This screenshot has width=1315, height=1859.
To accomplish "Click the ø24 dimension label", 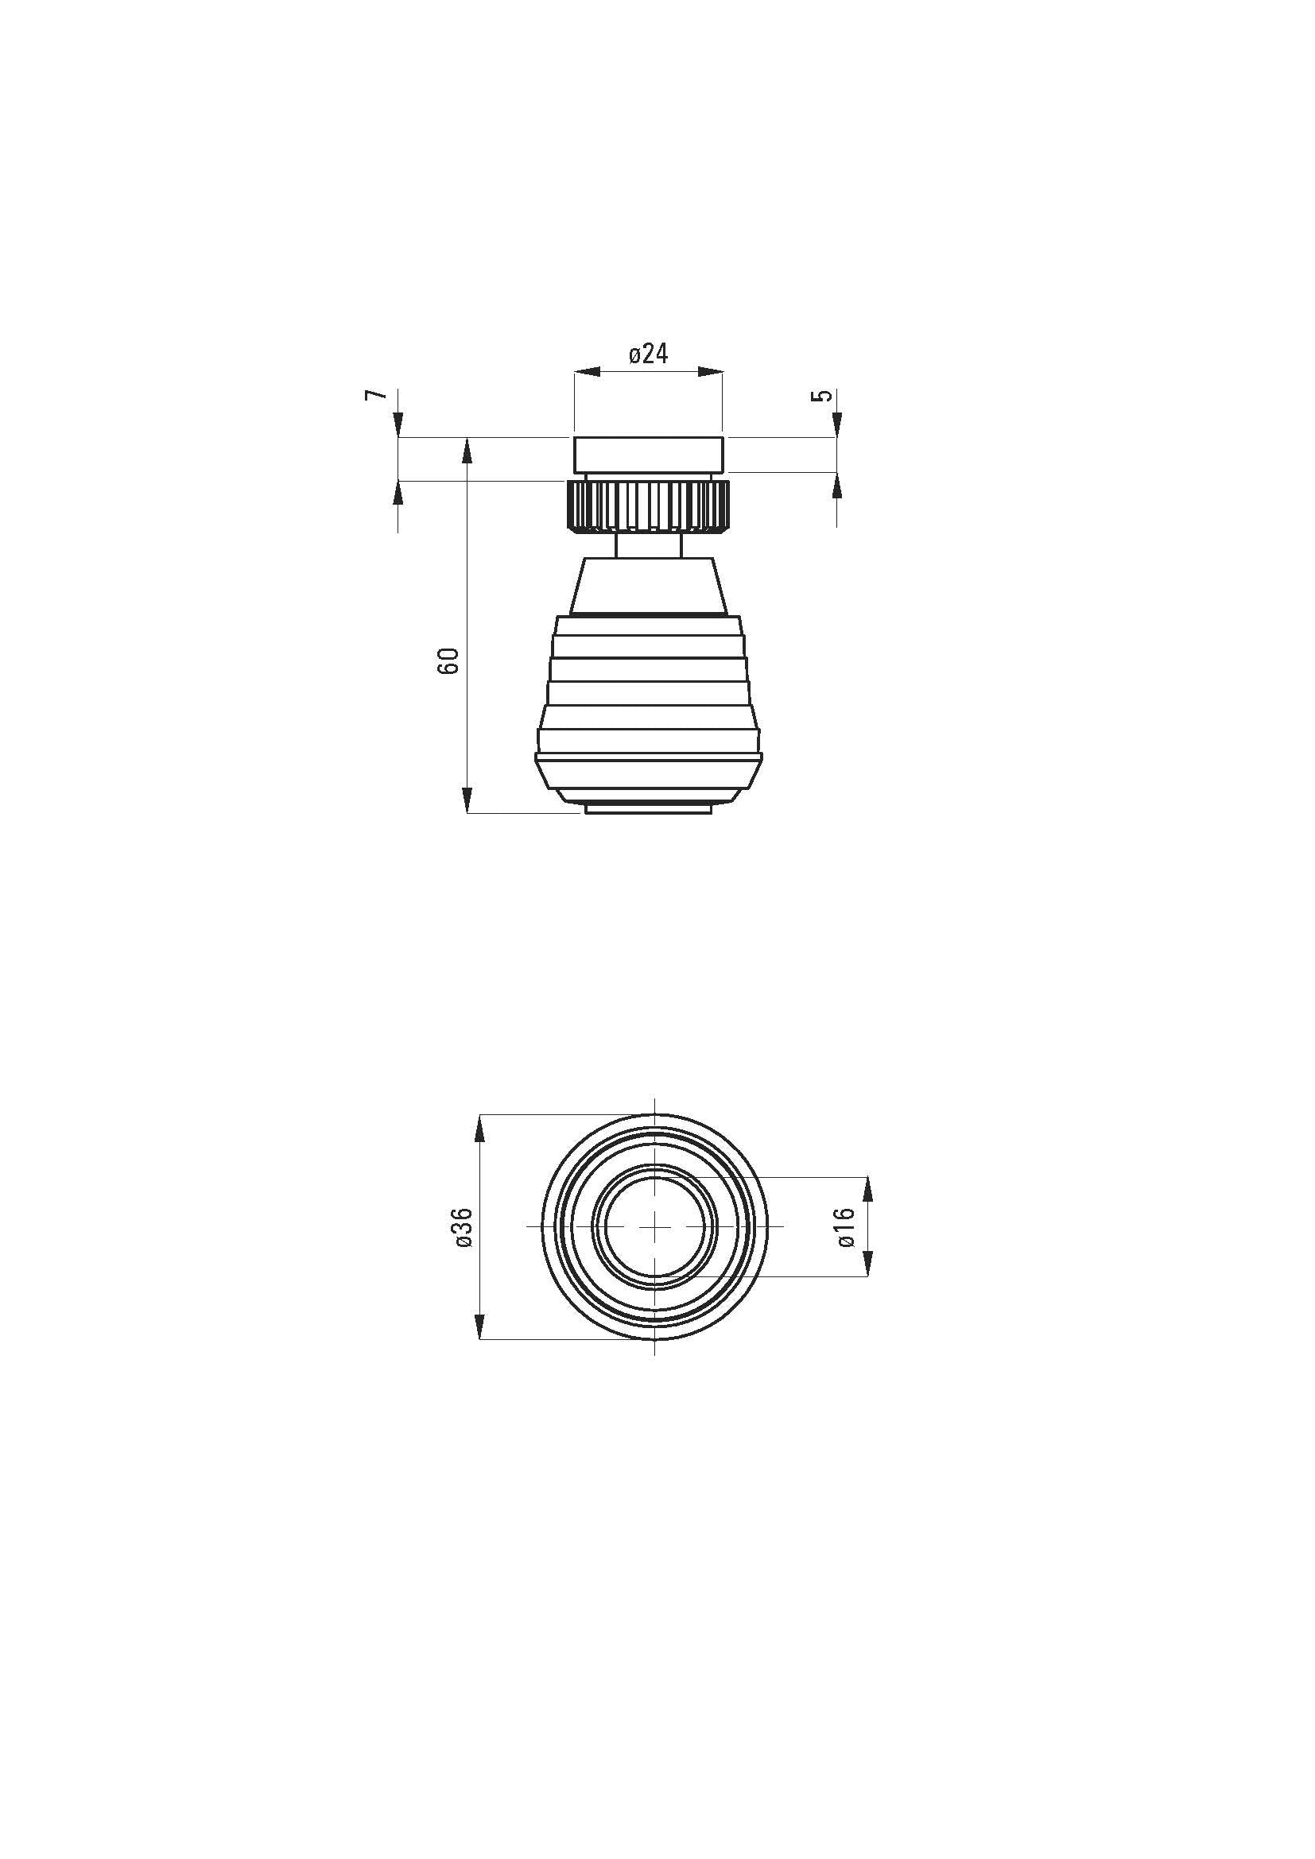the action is pyautogui.click(x=649, y=354).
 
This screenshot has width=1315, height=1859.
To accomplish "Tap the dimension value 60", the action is pyautogui.click(x=451, y=660).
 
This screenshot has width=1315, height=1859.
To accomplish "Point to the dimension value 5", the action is pyautogui.click(x=824, y=396).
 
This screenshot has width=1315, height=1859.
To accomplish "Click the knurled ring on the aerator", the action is pyautogui.click(x=648, y=506).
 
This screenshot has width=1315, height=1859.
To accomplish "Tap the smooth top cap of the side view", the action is pyautogui.click(x=648, y=455).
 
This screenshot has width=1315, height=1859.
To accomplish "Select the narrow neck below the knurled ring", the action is pyautogui.click(x=648, y=545).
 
